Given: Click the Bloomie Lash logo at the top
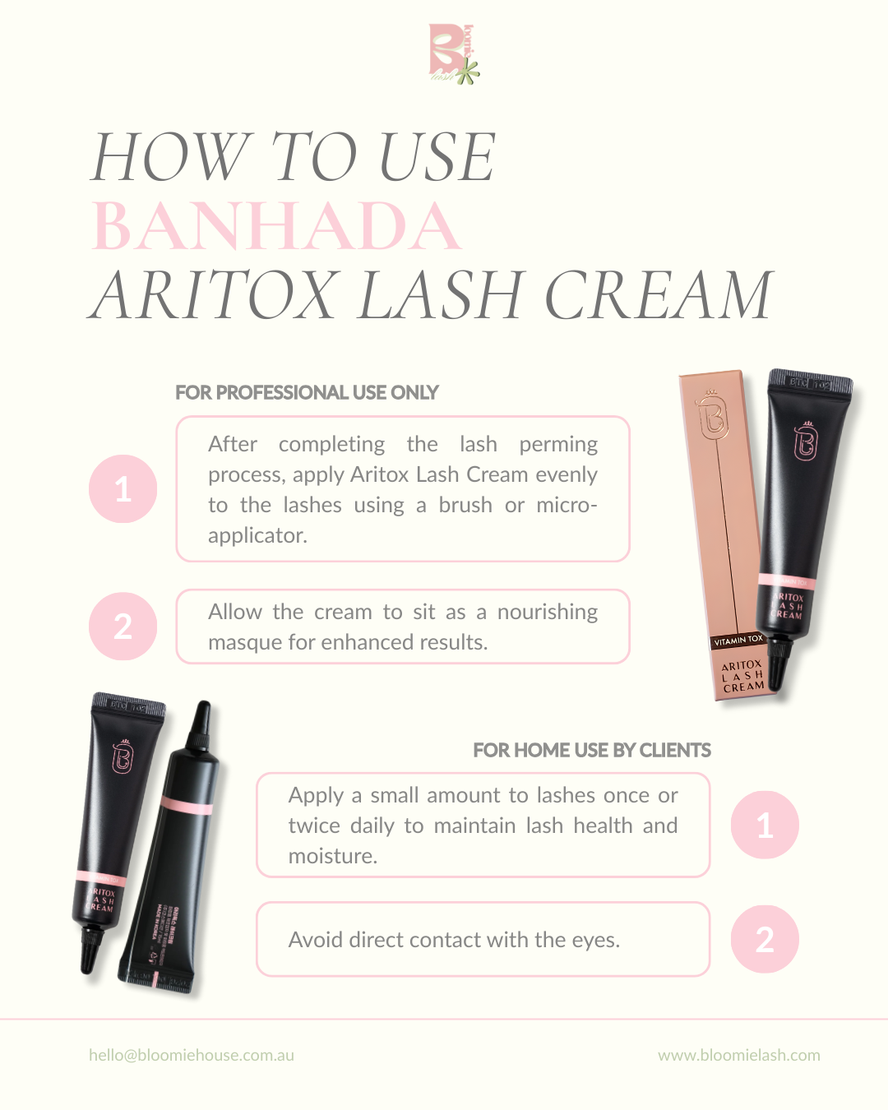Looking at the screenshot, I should tap(453, 54).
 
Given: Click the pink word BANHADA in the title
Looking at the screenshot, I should tap(276, 226).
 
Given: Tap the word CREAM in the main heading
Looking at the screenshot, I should tap(659, 295).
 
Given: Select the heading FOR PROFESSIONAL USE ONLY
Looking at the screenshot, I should tap(307, 393).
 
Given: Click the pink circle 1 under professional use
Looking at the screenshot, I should tap(123, 489).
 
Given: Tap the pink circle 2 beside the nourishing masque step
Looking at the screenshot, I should tap(123, 627).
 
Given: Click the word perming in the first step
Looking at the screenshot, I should tap(558, 445).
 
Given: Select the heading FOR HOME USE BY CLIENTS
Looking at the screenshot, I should tap(591, 751).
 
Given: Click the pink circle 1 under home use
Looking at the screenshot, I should tap(765, 826).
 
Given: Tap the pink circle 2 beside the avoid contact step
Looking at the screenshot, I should tap(765, 940).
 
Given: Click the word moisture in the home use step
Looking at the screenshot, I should tap(332, 857).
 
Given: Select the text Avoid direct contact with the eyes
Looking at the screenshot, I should tap(454, 940).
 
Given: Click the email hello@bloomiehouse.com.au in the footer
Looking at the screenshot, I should tap(192, 1055).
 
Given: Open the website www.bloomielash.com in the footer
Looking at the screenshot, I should tap(738, 1055).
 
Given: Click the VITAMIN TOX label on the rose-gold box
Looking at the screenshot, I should tap(738, 640).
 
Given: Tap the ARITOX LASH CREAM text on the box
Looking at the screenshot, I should tap(742, 676).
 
